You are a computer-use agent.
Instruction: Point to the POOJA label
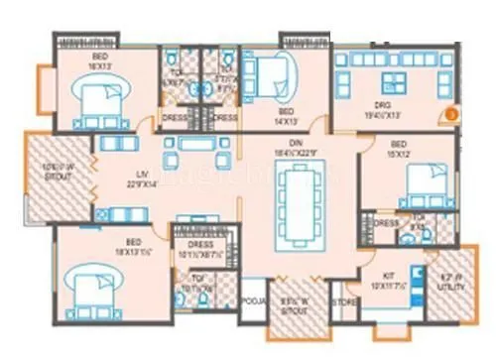(254, 300)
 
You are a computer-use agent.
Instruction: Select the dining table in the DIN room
(298, 197)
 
